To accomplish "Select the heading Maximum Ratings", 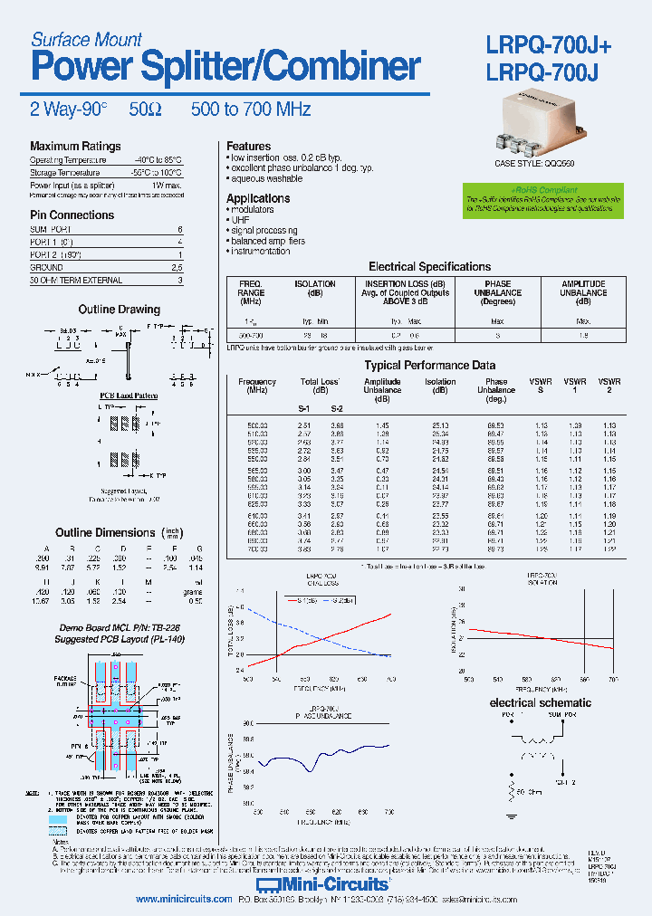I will [75, 146].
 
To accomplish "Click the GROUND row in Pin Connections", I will [46, 268].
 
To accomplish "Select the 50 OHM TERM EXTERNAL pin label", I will [69, 281].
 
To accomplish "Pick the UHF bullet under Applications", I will [239, 220].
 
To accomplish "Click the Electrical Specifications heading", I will [429, 267].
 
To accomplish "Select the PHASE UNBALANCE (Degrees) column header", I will [497, 293].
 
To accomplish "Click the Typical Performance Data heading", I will [429, 366].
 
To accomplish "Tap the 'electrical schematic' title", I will [540, 702].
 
